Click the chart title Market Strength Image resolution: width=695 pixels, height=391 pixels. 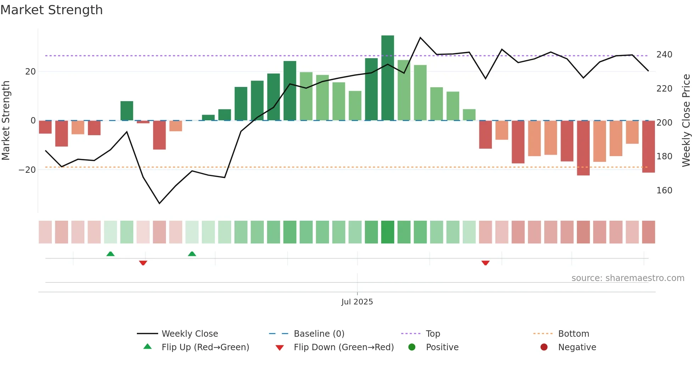coord(51,10)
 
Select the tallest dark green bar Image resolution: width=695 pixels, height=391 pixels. coord(388,78)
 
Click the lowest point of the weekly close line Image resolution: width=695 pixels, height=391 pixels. coord(159,203)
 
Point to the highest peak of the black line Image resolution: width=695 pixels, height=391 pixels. coord(420,38)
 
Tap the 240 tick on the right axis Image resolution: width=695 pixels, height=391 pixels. coord(664,55)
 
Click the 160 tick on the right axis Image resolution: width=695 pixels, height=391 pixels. coord(664,191)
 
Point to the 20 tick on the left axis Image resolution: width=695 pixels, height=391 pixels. coord(30,72)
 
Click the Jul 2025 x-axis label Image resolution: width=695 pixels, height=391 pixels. coord(357,302)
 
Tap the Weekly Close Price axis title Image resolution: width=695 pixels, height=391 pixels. coord(686,121)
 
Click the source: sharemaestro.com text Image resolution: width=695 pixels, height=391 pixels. coord(628,278)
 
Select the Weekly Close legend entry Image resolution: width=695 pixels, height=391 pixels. coord(189,334)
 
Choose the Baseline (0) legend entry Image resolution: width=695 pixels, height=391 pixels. coord(319,334)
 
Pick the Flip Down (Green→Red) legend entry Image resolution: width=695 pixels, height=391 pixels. coord(343,347)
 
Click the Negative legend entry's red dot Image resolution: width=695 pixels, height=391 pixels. coord(544,347)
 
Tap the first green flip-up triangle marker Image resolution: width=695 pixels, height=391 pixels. coord(110,254)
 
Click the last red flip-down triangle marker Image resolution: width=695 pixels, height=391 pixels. coord(485,263)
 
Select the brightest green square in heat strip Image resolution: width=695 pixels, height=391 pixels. coord(388,232)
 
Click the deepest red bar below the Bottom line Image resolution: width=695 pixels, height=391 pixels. coord(583,148)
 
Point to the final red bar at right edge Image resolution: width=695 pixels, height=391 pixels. coord(648,147)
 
